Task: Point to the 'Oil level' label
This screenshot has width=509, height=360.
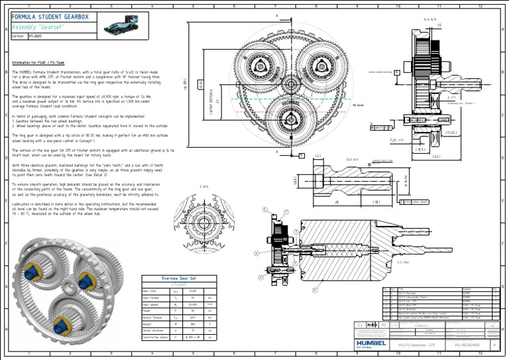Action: [x=359, y=105]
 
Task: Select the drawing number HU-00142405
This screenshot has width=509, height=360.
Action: [x=467, y=345]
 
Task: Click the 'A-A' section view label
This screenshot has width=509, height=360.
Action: [x=429, y=19]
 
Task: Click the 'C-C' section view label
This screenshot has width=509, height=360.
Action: [x=402, y=263]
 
